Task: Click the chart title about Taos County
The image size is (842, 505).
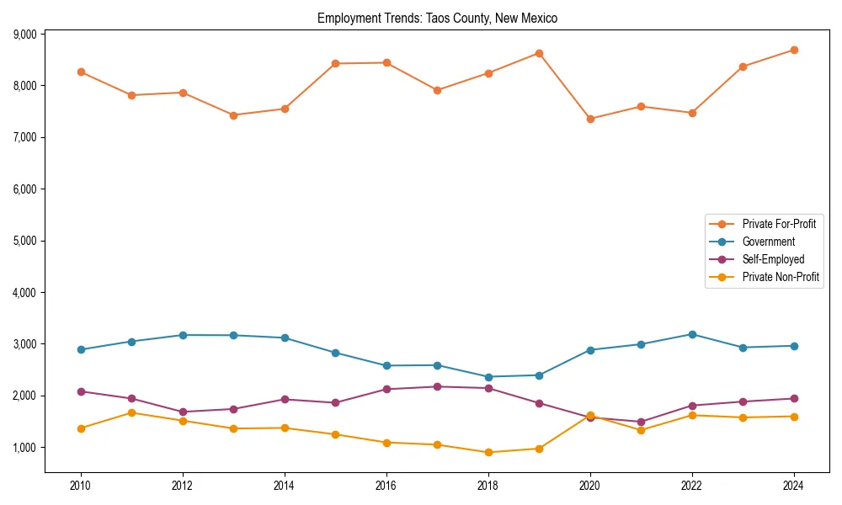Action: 437,18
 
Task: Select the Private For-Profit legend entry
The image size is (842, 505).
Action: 778,224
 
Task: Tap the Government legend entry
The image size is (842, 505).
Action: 768,242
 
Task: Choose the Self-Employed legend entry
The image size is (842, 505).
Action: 773,259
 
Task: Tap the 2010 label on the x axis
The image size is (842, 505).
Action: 81,486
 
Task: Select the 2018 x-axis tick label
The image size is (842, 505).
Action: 488,486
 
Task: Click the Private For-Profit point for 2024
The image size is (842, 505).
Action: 794,50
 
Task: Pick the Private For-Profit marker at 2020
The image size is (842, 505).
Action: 590,119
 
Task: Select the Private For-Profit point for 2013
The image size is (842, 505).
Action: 233,115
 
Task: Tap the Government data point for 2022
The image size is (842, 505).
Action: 692,334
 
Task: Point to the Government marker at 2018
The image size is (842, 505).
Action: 488,377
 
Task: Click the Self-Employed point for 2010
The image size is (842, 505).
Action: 81,391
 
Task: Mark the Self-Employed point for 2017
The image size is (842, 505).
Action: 437,386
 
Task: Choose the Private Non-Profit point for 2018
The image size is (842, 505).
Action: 488,452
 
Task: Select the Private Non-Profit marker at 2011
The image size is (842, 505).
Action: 131,412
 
